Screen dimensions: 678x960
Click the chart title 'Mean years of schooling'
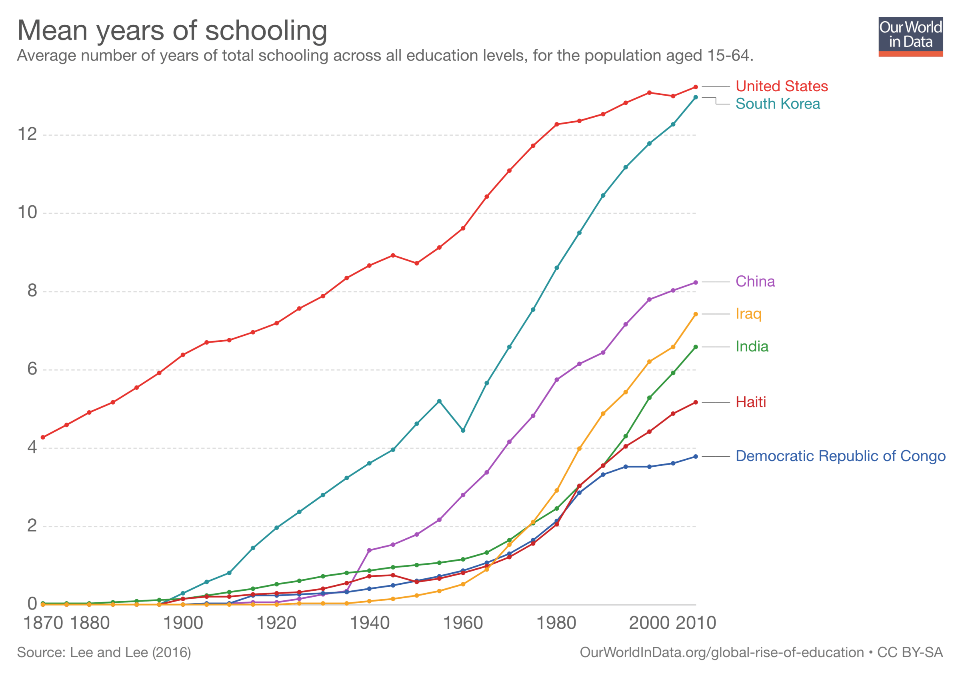(x=172, y=30)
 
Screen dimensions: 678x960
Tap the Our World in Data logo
(x=910, y=36)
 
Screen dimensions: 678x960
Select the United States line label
(x=782, y=86)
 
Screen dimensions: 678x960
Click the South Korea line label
(x=778, y=104)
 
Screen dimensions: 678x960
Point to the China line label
(x=755, y=281)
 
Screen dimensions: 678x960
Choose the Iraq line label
(x=748, y=314)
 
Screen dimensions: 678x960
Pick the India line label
(x=752, y=347)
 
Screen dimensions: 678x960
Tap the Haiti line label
(x=750, y=402)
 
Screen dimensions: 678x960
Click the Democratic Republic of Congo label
(x=840, y=456)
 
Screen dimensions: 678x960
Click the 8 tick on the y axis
(x=32, y=291)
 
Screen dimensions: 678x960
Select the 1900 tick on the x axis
(x=183, y=623)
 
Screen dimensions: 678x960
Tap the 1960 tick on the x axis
(x=463, y=623)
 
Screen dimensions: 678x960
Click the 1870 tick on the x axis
(x=43, y=623)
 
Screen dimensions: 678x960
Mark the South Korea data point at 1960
(x=463, y=430)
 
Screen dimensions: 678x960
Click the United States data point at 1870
(x=43, y=437)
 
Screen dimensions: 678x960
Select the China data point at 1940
(x=369, y=550)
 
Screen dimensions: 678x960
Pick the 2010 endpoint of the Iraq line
(x=696, y=314)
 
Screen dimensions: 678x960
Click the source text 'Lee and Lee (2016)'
(x=130, y=652)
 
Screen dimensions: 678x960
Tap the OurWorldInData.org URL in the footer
(x=722, y=652)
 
